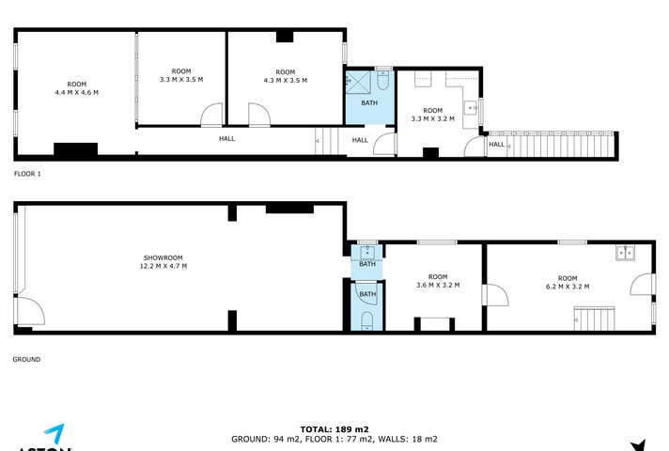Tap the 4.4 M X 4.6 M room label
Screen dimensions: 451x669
(77, 87)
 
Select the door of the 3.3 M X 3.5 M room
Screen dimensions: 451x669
(212, 116)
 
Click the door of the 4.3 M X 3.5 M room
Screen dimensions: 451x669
(258, 116)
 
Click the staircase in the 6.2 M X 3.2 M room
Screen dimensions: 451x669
(593, 319)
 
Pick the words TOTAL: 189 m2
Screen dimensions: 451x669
(334, 428)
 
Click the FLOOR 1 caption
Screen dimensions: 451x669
(27, 174)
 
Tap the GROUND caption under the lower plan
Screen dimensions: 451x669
(26, 359)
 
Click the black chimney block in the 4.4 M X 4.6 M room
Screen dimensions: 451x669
(75, 148)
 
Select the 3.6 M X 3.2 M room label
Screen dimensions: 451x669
(438, 281)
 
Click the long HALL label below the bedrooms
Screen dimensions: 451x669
(227, 139)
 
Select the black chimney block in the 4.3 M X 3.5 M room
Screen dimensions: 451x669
(285, 38)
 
